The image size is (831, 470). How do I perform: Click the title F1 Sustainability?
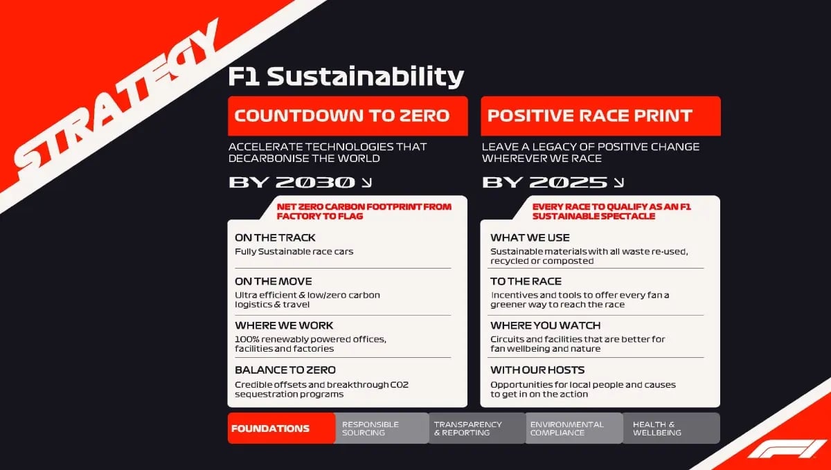pos(346,77)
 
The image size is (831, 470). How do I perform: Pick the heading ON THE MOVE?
pos(273,281)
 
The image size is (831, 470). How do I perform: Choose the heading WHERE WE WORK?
pos(284,325)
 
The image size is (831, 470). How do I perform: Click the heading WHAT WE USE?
pos(530,237)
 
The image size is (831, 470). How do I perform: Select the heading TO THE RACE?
pos(526,281)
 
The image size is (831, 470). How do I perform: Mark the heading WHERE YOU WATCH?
pos(545,325)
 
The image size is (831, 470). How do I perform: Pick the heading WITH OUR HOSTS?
pos(537,370)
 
